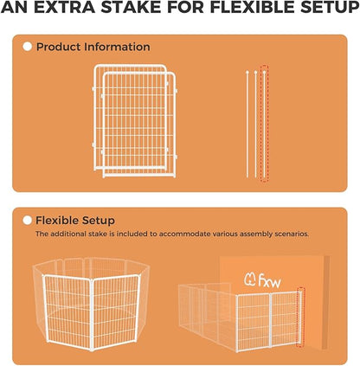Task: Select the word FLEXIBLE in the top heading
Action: point(241,11)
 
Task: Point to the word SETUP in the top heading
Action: point(322,11)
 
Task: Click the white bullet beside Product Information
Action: point(27,47)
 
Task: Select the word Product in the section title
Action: point(57,47)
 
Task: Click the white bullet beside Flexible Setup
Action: point(27,221)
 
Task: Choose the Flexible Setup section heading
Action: point(75,221)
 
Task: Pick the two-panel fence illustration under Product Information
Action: point(133,122)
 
